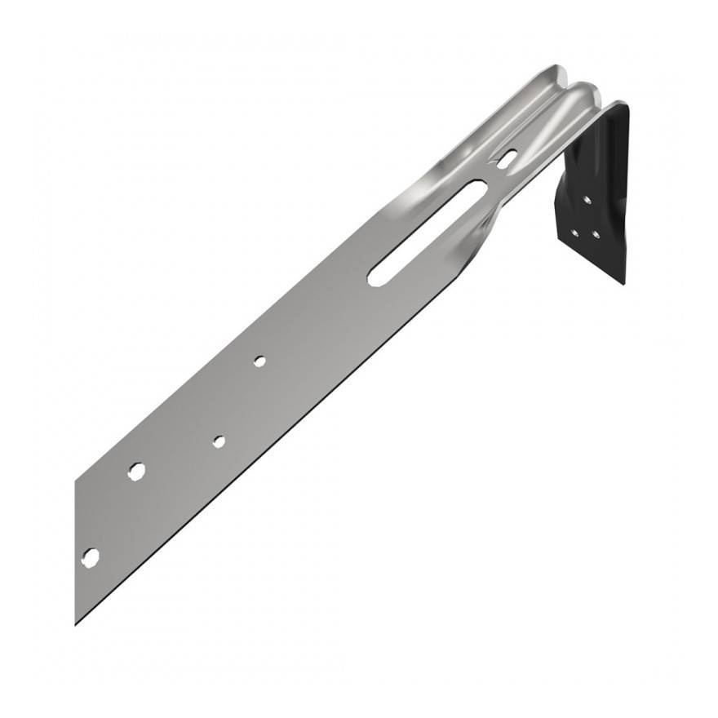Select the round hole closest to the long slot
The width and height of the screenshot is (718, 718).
(259, 361)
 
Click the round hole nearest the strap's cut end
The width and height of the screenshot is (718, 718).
(91, 557)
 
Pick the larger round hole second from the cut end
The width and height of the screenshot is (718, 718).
(136, 471)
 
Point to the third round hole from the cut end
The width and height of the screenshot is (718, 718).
(219, 441)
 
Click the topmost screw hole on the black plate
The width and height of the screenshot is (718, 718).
(586, 198)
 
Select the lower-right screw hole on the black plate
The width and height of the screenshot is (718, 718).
(596, 235)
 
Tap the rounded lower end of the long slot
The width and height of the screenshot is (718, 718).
(376, 278)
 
